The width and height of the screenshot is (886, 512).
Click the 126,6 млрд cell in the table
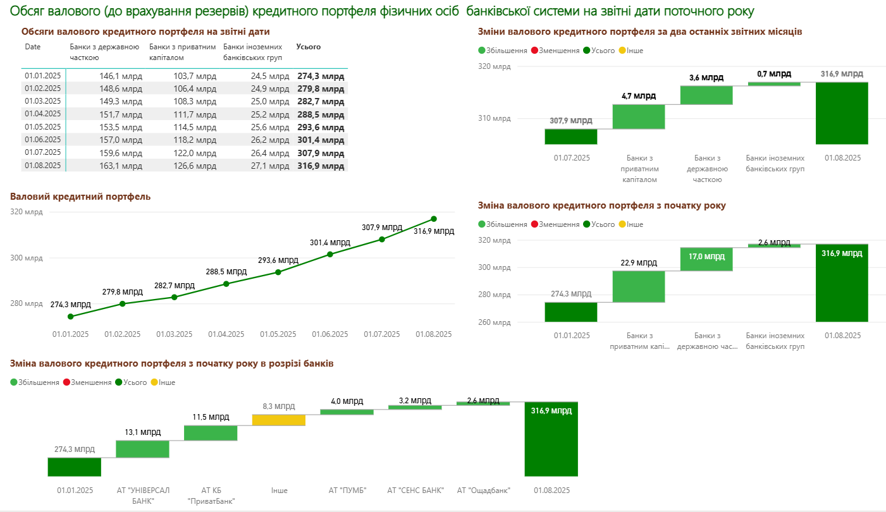point(195,166)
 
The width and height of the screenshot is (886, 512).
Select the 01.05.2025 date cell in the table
point(43,127)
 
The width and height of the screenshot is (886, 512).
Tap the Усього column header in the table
point(309,47)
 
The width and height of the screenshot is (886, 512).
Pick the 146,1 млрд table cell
point(121,76)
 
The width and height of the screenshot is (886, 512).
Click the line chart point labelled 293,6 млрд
point(278,272)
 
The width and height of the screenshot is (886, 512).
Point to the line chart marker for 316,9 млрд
point(434,219)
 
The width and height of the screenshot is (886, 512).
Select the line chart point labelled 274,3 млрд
point(71,317)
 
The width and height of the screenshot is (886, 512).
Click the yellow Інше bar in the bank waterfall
point(279,420)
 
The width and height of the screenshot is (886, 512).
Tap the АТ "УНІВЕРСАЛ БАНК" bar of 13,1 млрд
point(143,449)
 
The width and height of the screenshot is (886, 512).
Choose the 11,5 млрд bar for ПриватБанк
point(211,433)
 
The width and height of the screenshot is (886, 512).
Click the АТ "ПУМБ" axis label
point(347,490)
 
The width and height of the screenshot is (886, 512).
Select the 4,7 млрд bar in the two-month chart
point(639,117)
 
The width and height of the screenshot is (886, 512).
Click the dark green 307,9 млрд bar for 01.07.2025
point(571,137)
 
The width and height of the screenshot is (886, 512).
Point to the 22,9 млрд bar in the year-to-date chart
point(639,286)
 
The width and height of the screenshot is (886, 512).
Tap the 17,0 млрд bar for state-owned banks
point(706,259)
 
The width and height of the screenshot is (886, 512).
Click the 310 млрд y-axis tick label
point(494,118)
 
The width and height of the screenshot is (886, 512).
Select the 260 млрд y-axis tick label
point(494,322)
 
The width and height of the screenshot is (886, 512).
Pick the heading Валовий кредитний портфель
point(80,197)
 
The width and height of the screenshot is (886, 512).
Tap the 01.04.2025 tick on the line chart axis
point(226,334)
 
